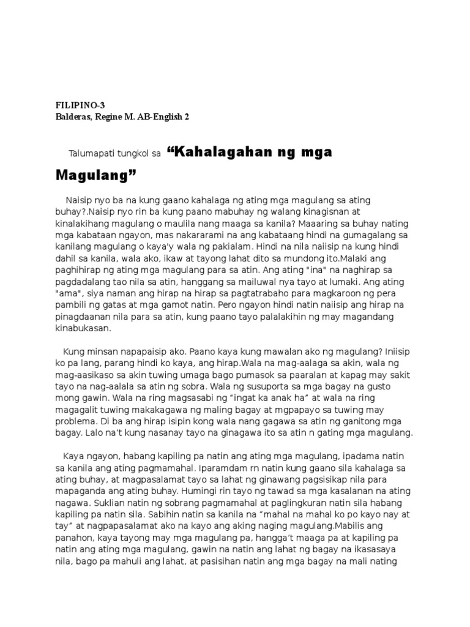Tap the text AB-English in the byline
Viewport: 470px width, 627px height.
[160, 116]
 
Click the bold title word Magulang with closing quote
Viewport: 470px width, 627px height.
[95, 176]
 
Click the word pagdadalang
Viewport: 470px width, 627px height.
[82, 282]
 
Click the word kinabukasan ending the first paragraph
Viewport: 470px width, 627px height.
[83, 328]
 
